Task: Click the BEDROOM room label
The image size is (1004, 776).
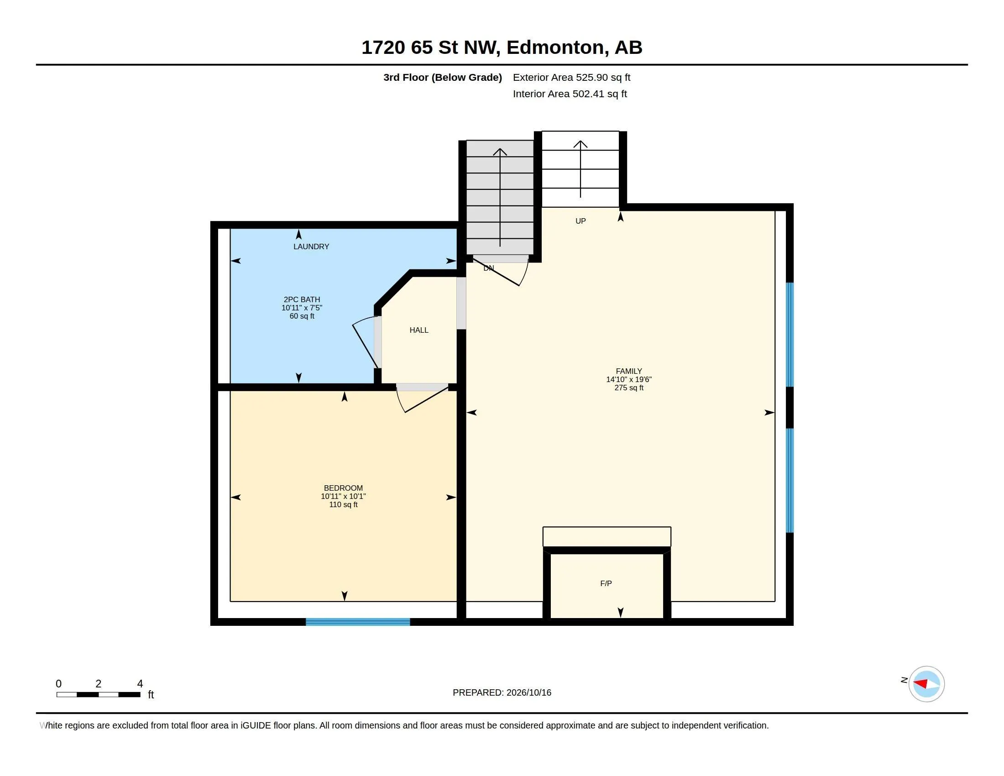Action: pos(343,488)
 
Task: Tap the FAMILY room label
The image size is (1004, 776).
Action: pos(629,371)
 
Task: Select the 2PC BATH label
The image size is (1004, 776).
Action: pos(302,299)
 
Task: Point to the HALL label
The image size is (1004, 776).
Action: pos(419,330)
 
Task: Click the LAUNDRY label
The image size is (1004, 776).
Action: pos(311,246)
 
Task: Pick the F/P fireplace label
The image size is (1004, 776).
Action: pos(606,583)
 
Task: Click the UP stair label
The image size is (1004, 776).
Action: pos(580,221)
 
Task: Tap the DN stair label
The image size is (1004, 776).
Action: pos(489,268)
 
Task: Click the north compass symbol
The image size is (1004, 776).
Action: pos(926,684)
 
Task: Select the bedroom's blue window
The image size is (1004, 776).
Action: pos(358,622)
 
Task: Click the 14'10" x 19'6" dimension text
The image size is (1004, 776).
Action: pos(629,379)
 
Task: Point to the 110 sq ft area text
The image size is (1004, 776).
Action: pos(343,504)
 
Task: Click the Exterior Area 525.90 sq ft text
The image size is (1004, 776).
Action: pos(571,77)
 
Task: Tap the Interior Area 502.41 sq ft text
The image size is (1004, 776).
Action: pos(570,94)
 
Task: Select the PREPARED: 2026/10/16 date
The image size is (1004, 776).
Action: pos(502,692)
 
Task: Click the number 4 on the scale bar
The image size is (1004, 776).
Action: pos(140,684)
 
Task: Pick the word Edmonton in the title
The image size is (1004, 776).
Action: pos(555,47)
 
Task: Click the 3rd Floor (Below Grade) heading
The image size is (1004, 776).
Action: pos(443,77)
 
